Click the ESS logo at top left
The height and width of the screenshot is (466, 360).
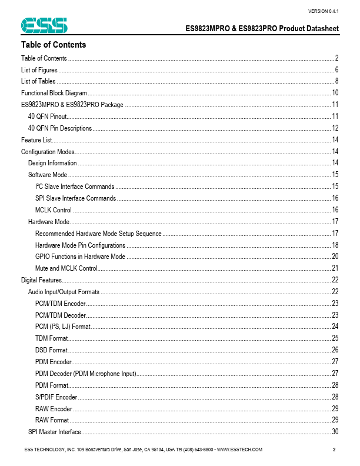(44, 25)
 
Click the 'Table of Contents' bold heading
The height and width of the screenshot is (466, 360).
(54, 45)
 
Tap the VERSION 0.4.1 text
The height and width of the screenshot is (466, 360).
(323, 12)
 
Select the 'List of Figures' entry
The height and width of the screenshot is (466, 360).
(39, 70)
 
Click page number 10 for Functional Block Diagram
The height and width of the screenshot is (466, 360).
(335, 93)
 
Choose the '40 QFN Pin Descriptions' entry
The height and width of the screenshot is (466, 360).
(60, 128)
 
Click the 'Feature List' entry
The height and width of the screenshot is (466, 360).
(36, 140)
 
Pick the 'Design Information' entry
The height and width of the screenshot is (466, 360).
(52, 163)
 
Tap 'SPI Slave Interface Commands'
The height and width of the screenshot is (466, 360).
(75, 198)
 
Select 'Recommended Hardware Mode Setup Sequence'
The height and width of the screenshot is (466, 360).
(98, 234)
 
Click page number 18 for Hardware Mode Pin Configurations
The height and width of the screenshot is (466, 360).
(335, 245)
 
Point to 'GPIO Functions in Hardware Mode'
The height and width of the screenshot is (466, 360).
(80, 257)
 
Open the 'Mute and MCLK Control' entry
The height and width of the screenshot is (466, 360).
(66, 268)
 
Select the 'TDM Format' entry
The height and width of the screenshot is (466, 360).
(51, 338)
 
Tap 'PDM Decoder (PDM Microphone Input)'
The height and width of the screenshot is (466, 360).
(85, 374)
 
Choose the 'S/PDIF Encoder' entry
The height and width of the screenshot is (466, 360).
(56, 397)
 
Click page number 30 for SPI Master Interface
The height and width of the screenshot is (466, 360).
(335, 432)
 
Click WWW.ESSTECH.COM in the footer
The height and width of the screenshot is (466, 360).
(239, 450)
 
